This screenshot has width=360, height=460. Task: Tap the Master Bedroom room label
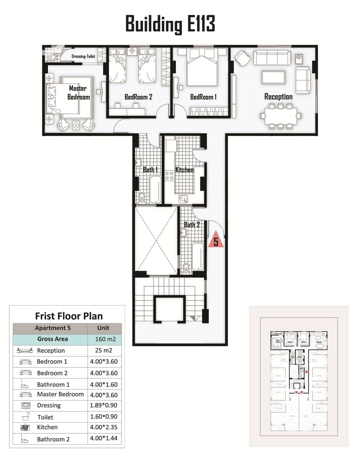pyautogui.click(x=78, y=92)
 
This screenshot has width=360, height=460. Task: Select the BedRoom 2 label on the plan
pyautogui.click(x=138, y=97)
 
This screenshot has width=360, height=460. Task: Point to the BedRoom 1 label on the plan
pyautogui.click(x=203, y=97)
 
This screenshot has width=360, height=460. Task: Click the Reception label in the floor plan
pyautogui.click(x=278, y=97)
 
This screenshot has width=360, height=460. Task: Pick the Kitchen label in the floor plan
pyautogui.click(x=184, y=170)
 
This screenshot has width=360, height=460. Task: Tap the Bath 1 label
pyautogui.click(x=150, y=170)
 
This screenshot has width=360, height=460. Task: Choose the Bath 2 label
pyautogui.click(x=192, y=224)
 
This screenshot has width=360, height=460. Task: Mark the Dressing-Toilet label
pyautogui.click(x=84, y=56)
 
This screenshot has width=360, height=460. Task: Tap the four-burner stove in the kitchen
pyautogui.click(x=170, y=176)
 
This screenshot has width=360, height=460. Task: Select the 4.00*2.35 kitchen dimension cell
pyautogui.click(x=103, y=427)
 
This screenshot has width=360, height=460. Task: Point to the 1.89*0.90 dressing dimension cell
pyautogui.click(x=103, y=405)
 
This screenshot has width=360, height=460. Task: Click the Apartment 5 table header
pyautogui.click(x=53, y=328)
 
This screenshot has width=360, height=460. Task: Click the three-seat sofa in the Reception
pyautogui.click(x=271, y=58)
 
